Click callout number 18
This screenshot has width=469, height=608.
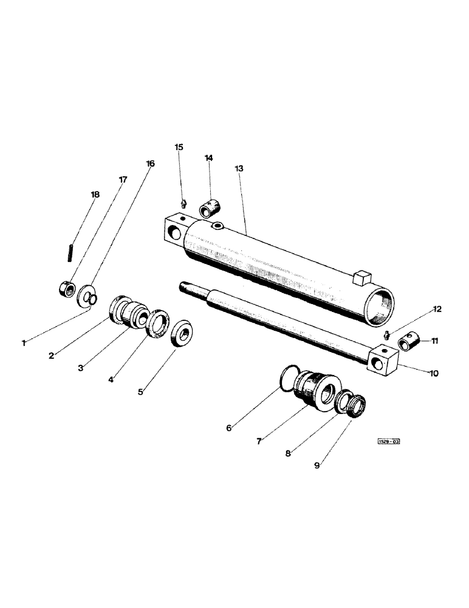[x=95, y=195]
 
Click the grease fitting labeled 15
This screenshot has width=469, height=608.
[x=183, y=203]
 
